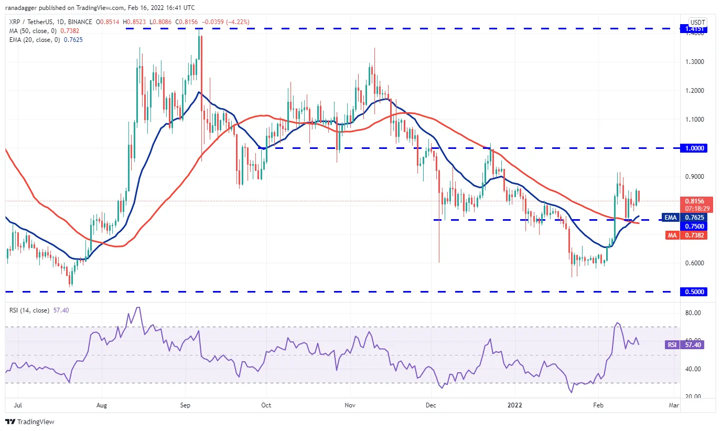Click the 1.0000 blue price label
coord(694,148)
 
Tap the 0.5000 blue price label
coord(694,292)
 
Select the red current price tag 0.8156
coord(694,201)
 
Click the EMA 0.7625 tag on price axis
coord(684,217)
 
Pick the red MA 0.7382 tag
coord(686,235)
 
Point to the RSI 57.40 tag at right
coord(686,344)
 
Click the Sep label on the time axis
coord(185,405)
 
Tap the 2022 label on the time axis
coord(514,405)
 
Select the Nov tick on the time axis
coord(350,405)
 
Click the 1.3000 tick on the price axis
coord(695,62)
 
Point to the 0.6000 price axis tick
coord(695,263)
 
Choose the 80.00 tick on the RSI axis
coord(693,313)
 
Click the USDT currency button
coord(697,22)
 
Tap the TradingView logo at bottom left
coord(30,422)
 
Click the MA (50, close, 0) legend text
coord(33,31)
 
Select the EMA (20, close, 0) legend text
coord(35,40)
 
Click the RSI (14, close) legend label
coord(29,310)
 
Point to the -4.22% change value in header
coord(238,22)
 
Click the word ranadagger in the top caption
coord(21,8)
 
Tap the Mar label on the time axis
coord(674,405)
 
